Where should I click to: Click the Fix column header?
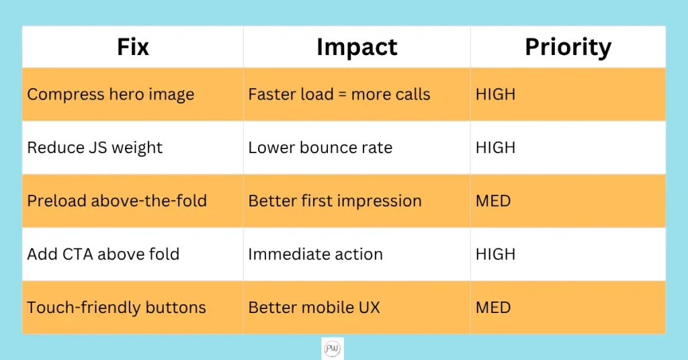[x=133, y=47]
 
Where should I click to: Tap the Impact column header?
[x=357, y=48]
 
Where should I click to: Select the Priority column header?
[x=568, y=48]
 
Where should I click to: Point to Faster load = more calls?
[x=339, y=94]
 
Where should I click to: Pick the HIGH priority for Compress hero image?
[x=495, y=94]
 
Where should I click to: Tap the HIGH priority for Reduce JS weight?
[x=495, y=148]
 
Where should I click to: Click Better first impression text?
[x=335, y=201]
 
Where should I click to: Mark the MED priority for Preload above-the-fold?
[x=493, y=201]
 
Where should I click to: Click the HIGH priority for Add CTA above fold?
[x=495, y=255]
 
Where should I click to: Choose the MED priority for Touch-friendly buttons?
[x=493, y=308]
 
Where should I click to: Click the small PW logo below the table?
[x=332, y=349]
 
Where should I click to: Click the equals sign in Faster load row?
[x=342, y=95]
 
